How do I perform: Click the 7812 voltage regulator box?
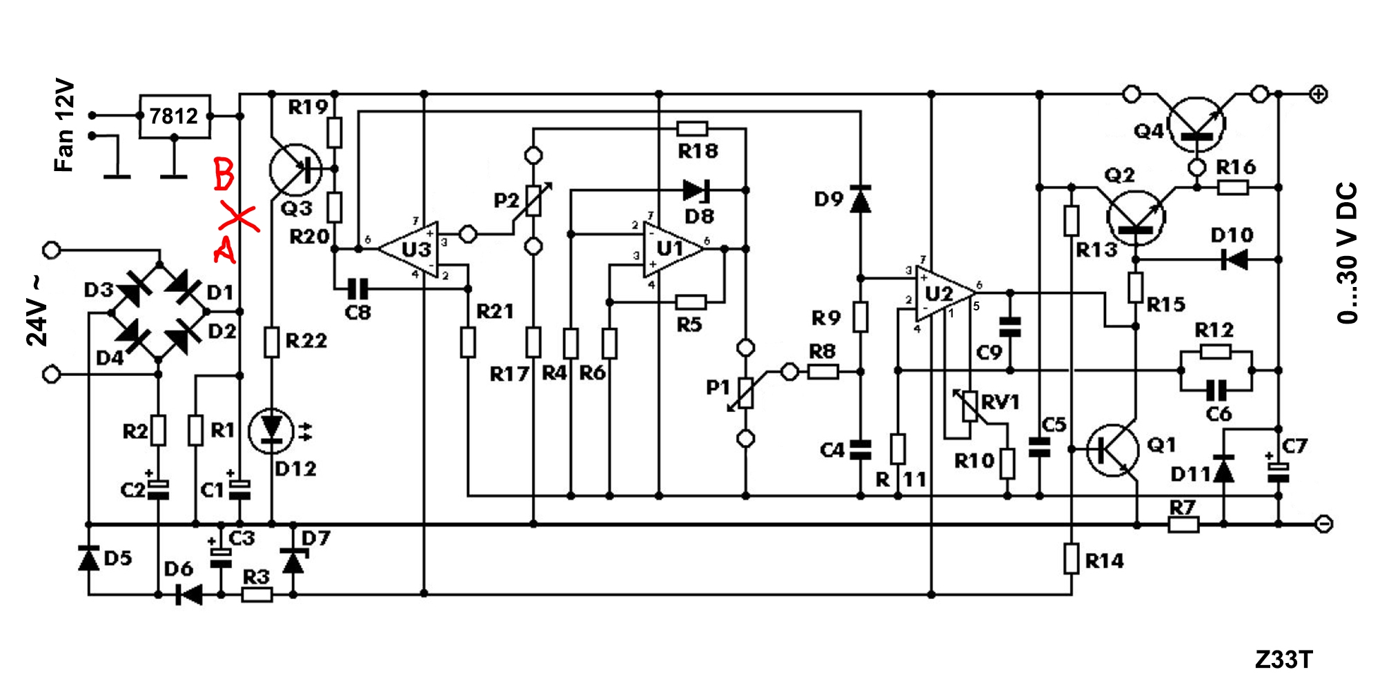[175, 116]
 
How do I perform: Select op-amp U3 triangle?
[410, 249]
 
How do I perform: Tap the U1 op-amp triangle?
[673, 249]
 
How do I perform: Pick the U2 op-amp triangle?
[945, 293]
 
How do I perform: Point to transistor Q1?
[1112, 450]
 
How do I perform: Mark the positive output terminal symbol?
[1319, 95]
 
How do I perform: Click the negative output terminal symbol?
[1323, 524]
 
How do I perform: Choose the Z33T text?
[1283, 660]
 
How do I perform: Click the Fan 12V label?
[63, 126]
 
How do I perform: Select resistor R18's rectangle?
[692, 128]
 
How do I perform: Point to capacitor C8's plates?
[358, 288]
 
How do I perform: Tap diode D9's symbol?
[860, 199]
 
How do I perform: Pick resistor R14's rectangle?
[1071, 559]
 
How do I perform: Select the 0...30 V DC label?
[1347, 253]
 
